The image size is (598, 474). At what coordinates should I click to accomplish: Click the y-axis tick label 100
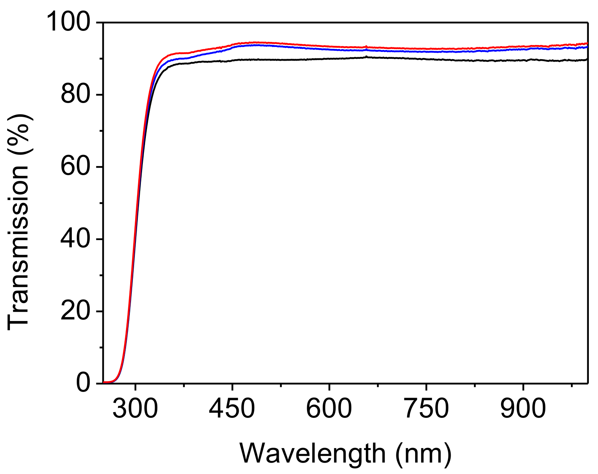pyautogui.click(x=72, y=23)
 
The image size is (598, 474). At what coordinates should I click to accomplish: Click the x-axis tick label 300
pyautogui.click(x=135, y=408)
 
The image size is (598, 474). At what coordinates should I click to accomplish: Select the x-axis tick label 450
pyautogui.click(x=232, y=408)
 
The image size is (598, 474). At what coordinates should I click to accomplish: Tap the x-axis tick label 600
pyautogui.click(x=329, y=408)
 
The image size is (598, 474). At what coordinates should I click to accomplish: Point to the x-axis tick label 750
pyautogui.click(x=426, y=408)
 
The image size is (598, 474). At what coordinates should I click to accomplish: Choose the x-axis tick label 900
pyautogui.click(x=523, y=408)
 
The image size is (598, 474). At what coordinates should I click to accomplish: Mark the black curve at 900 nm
pyautogui.click(x=523, y=60)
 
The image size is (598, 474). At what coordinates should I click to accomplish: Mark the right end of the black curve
pyautogui.click(x=587, y=60)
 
